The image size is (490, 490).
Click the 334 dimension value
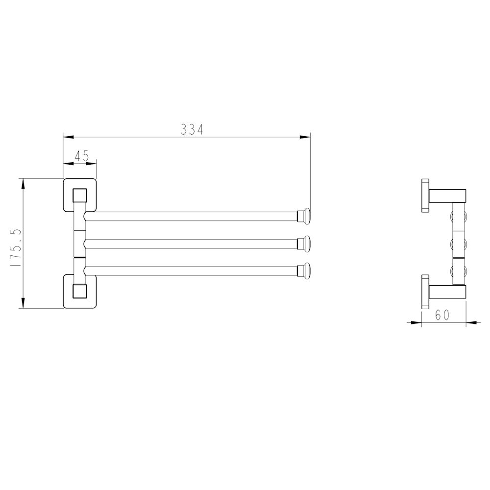[192, 129]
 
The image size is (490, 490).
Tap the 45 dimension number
[82, 156]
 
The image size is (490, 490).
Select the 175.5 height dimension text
[16, 247]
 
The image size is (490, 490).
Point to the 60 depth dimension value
[442, 315]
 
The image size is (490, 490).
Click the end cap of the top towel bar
[303, 216]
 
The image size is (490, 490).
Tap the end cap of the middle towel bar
[303, 244]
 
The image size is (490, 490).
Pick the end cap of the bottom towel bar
[303, 271]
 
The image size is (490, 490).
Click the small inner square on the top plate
[80, 196]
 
